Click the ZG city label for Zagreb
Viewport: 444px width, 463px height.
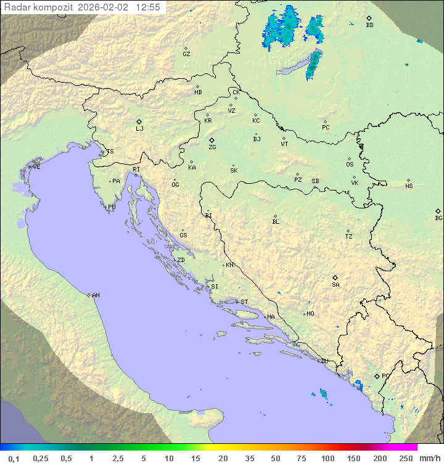coord(212,147)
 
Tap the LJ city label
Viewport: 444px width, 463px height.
coord(139,129)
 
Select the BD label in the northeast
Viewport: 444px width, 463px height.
coord(369,25)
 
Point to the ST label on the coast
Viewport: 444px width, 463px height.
coord(244,302)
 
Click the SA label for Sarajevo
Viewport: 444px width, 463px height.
coord(335,285)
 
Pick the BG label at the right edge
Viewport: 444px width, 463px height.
coord(438,218)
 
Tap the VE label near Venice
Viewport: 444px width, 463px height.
coord(36,167)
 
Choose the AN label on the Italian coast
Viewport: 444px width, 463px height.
coord(96,295)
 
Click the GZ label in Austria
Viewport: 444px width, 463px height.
coord(186,54)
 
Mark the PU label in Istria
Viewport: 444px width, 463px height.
coord(112,207)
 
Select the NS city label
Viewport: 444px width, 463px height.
coord(409,186)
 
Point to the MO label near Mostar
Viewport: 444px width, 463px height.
coord(310,314)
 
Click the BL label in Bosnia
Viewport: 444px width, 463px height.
coord(276,222)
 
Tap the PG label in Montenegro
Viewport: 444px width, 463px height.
coord(385,376)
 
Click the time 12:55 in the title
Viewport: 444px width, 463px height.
coord(148,7)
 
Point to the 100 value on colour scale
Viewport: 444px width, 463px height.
coord(327,458)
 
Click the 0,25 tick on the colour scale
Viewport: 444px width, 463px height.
coord(41,458)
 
